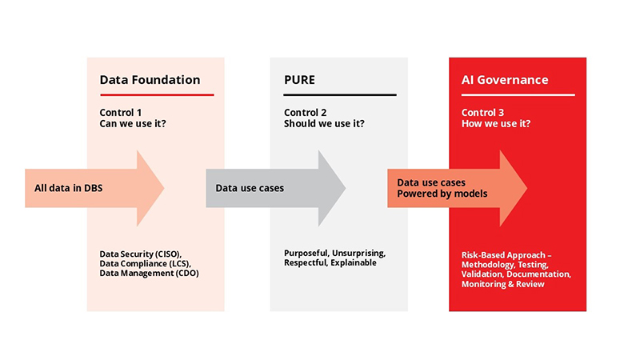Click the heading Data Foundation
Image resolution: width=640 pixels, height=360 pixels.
pyautogui.click(x=150, y=80)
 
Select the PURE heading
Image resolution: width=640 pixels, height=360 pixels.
pyautogui.click(x=299, y=80)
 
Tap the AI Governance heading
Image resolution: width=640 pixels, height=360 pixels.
pyautogui.click(x=505, y=80)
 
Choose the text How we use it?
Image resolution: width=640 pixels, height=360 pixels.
pyautogui.click(x=496, y=124)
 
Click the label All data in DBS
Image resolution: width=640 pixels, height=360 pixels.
pyautogui.click(x=68, y=189)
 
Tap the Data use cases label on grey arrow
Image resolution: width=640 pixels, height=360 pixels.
pyautogui.click(x=250, y=189)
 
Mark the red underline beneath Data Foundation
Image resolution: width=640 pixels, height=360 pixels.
pyautogui.click(x=156, y=95)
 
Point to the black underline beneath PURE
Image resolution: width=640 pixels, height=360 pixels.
pyautogui.click(x=340, y=95)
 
